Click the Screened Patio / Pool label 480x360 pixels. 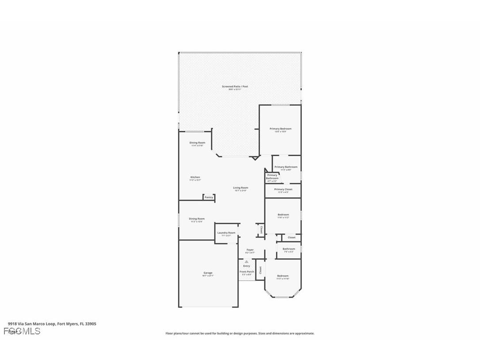tap(235, 87)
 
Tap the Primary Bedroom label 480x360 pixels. tap(281, 129)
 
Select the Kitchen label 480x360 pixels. tap(195, 177)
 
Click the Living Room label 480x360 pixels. tap(240, 188)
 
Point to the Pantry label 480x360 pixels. tap(209, 197)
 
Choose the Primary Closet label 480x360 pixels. tap(283, 189)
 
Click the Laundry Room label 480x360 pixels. tap(226, 233)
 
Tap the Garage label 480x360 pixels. tap(208, 273)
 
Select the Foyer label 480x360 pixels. tap(250, 250)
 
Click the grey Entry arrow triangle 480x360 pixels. tap(247, 262)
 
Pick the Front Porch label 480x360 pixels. tap(247, 272)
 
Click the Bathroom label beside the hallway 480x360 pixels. tap(289, 249)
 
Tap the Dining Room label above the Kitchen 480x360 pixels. tap(197, 142)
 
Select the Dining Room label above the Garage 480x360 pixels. tap(197, 218)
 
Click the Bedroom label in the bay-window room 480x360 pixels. tap(282, 276)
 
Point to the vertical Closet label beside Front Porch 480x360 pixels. tap(260, 270)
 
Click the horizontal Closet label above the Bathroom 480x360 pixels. tap(291, 237)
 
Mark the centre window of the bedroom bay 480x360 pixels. tap(283, 296)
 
